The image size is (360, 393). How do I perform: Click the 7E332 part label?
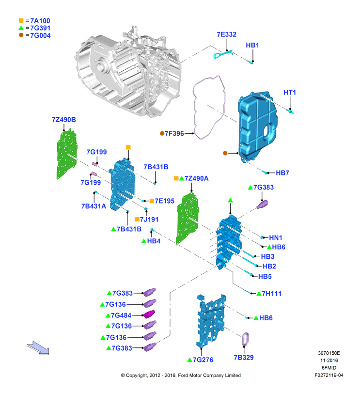coord(226,34)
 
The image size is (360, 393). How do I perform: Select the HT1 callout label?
coord(290,93)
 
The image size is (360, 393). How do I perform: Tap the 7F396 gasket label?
coord(174,134)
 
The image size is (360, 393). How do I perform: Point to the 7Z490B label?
coord(64,120)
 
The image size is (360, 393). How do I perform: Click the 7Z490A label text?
coord(196,178)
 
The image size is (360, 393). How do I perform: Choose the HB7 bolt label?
coord(282,173)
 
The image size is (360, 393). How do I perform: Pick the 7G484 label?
coord(121,315)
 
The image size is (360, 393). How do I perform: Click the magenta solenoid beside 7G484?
coord(149,314)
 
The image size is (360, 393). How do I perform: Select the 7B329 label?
coord(244,358)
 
